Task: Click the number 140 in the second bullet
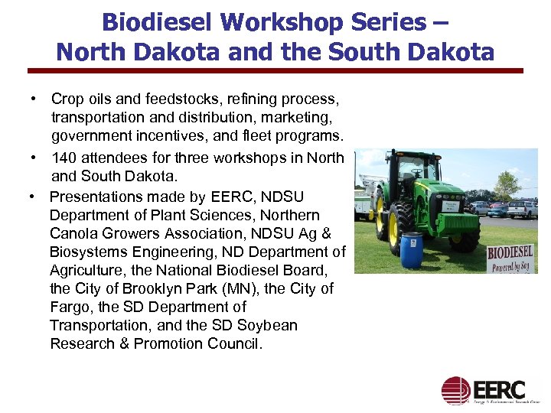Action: [64, 158]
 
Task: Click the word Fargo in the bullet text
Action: [70, 307]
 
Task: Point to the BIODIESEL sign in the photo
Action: [510, 256]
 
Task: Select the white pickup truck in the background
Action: [523, 208]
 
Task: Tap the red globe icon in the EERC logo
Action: [455, 390]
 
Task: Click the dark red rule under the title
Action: [275, 70]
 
